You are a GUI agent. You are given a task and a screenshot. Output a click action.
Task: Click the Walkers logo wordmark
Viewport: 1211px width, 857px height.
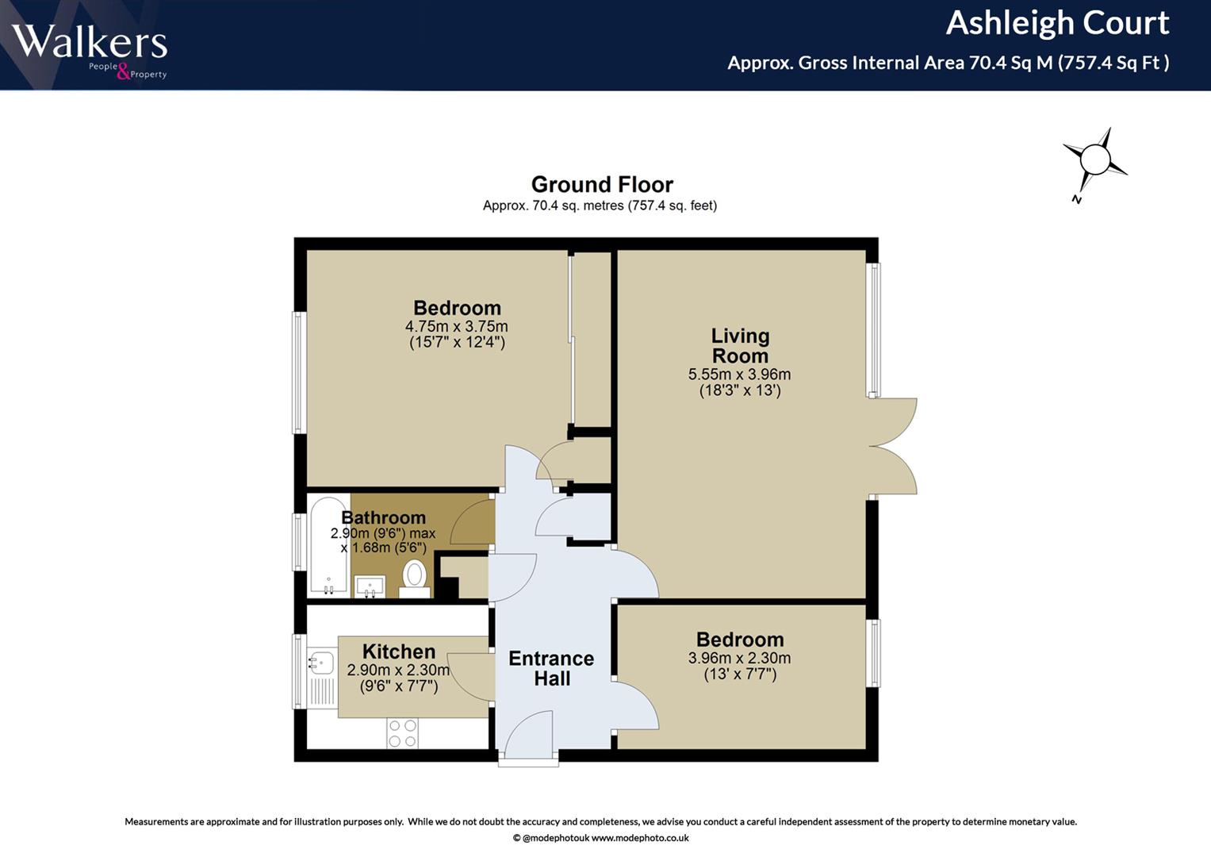point(90,41)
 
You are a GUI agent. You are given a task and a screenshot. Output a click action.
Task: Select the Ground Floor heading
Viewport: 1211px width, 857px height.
point(602,184)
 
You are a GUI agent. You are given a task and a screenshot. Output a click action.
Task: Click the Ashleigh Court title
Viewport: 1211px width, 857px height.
point(1057,23)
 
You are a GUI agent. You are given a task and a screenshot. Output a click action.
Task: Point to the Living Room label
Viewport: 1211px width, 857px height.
point(740,346)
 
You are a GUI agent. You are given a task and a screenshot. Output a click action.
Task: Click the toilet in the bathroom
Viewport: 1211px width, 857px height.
point(415,578)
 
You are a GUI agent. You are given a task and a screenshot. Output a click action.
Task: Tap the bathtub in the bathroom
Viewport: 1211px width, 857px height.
point(328,547)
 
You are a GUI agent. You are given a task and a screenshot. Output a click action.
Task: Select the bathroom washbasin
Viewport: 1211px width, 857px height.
point(370,586)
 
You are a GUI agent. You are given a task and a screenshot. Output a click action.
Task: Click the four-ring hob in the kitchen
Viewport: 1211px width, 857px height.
point(403,733)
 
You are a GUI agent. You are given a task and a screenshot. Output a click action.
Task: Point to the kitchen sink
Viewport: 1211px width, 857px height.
point(320,663)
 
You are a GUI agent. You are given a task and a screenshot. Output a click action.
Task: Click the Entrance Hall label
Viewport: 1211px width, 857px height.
point(551,668)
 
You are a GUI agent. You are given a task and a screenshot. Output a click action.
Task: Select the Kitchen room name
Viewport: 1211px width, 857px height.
point(399,651)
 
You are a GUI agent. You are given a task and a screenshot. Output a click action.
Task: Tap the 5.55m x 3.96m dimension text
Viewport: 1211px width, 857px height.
point(740,375)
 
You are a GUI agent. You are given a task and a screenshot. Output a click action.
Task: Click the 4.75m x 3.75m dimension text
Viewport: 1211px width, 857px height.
point(457,327)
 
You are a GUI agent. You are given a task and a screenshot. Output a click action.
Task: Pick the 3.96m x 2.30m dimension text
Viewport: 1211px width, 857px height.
point(740,659)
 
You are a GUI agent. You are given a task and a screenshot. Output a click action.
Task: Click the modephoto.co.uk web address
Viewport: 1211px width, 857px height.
point(640,838)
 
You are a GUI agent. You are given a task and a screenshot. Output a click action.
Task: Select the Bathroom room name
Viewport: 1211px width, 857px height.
point(384,517)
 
